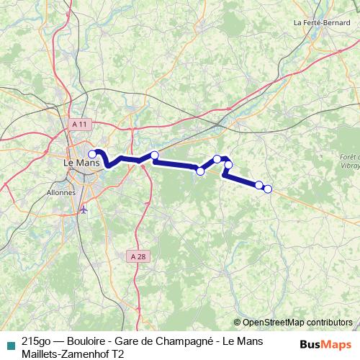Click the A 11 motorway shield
coord(80,125)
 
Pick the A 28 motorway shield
coord(138,256)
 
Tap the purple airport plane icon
coord(84,210)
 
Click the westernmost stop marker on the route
coord(92,154)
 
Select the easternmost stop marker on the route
coord(268,189)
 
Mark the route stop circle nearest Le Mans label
coord(92,154)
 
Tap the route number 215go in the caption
coord(37,341)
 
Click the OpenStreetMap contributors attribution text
coord(297,323)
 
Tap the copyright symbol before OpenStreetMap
coord(237,323)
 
